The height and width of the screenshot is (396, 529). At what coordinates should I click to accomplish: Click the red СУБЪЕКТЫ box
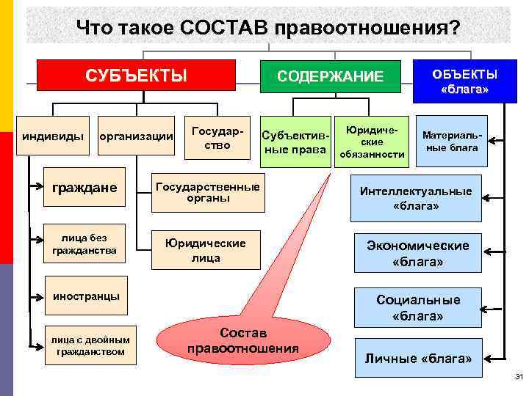click(x=136, y=76)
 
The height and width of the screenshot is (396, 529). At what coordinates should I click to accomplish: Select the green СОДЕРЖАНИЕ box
click(x=330, y=76)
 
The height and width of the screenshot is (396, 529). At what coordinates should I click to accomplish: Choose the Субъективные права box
click(x=295, y=142)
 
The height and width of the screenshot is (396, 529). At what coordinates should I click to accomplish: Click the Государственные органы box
click(x=207, y=192)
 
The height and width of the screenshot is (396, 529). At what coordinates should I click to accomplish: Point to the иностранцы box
click(x=87, y=296)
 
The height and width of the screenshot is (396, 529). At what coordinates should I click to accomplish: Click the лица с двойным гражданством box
click(x=90, y=345)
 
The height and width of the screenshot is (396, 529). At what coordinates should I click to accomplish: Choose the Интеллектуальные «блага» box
click(x=415, y=198)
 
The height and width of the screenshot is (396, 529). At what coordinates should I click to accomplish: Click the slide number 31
click(x=519, y=378)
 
